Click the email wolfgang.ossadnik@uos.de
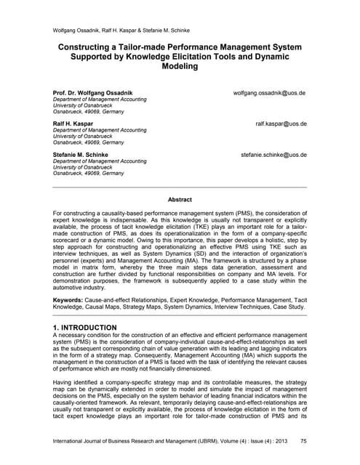(269, 94)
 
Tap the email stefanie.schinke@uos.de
(273, 155)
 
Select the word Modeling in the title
(180, 65)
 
